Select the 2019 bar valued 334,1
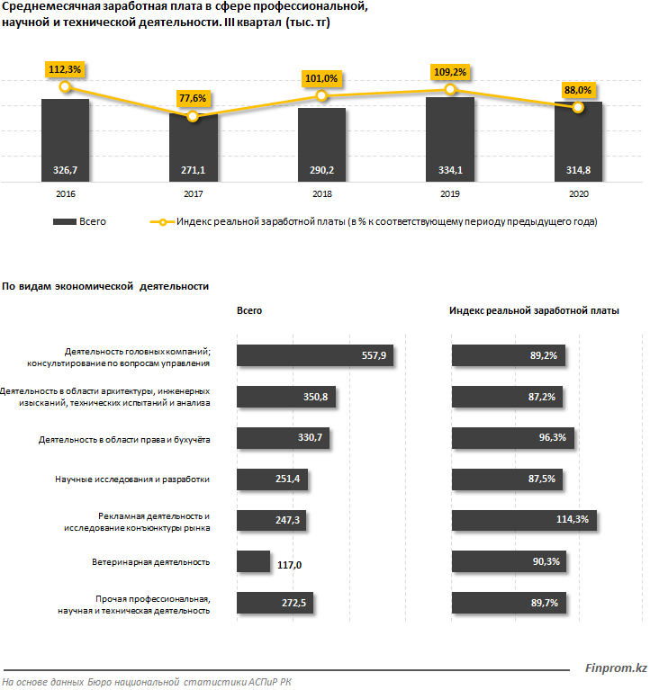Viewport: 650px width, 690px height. pyautogui.click(x=449, y=139)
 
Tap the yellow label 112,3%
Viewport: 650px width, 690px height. pyautogui.click(x=64, y=69)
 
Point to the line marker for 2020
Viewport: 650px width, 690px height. pyautogui.click(x=578, y=107)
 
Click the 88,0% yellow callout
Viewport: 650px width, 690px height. pyautogui.click(x=577, y=90)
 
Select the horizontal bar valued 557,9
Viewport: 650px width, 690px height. pyautogui.click(x=314, y=356)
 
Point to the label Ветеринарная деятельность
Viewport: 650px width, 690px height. pyautogui.click(x=150, y=562)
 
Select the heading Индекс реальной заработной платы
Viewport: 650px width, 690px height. pyautogui.click(x=534, y=310)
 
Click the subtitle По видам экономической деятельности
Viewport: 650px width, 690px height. pyautogui.click(x=105, y=286)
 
